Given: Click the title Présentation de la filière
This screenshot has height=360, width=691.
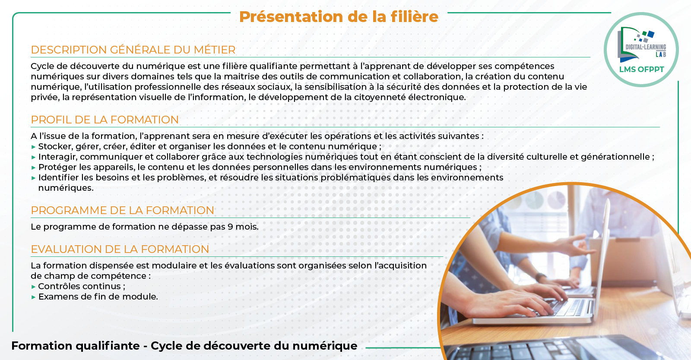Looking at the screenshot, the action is (339, 17).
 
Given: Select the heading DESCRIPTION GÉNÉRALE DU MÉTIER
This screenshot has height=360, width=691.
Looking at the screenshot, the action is (133, 50).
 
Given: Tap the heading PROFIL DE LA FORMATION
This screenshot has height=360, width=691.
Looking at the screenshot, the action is (105, 120).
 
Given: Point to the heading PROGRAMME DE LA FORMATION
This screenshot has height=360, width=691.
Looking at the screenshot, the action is (123, 210).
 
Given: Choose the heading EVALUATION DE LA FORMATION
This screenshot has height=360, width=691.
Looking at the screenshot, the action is (120, 249).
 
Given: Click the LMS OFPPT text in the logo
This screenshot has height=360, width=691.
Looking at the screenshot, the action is (642, 69).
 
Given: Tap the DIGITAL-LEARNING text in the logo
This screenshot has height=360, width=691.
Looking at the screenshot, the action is (646, 47).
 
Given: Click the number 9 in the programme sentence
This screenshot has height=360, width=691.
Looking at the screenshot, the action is (230, 227).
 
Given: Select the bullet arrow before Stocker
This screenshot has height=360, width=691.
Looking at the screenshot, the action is (34, 147).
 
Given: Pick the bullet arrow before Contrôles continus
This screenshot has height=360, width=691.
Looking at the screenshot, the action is (34, 287).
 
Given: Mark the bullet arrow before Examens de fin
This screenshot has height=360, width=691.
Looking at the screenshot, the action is (34, 297).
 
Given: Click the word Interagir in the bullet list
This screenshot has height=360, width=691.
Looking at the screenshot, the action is (58, 157).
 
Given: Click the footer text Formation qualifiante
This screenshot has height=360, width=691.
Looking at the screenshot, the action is (76, 346).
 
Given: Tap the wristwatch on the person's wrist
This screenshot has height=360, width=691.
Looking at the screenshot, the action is (541, 276).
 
